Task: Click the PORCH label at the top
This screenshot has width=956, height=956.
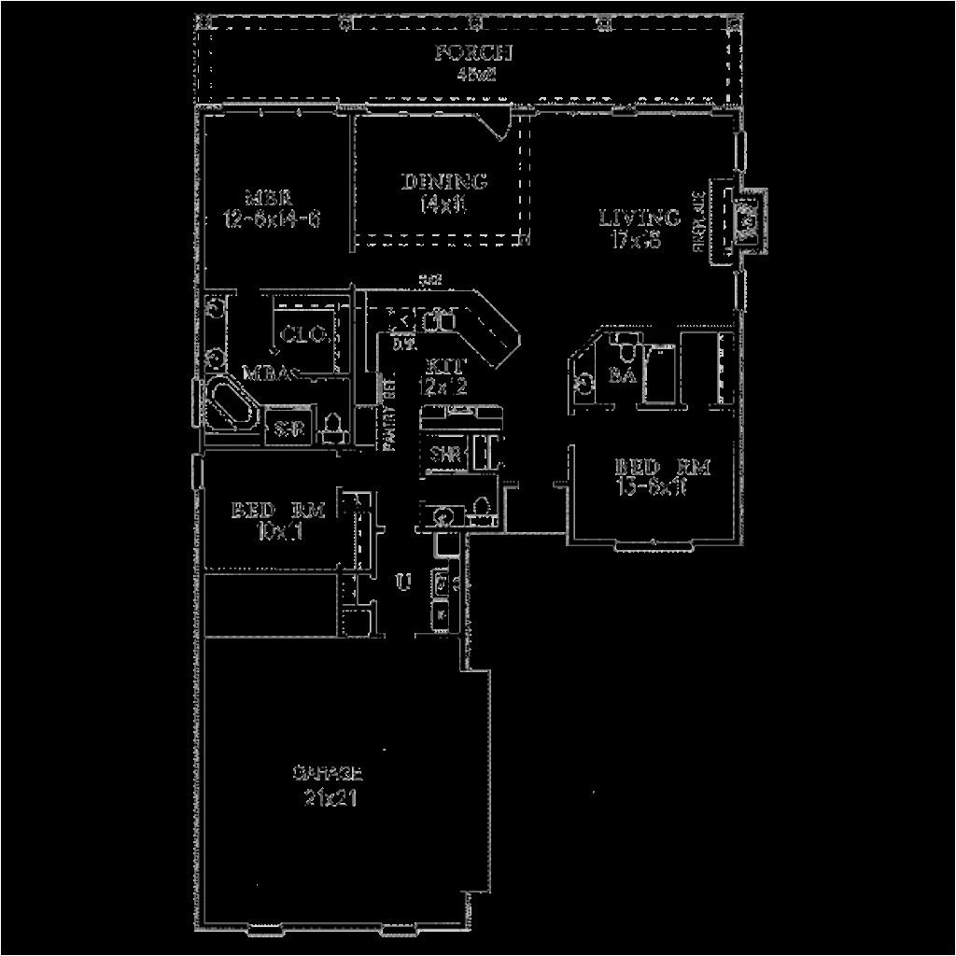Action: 473,52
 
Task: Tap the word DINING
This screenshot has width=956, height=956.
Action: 444,181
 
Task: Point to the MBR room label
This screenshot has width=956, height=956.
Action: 270,198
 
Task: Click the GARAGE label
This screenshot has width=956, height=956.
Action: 327,774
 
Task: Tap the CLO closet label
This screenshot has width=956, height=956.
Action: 302,333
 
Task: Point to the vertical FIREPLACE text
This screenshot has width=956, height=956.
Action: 696,221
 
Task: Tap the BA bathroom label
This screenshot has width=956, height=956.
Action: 623,375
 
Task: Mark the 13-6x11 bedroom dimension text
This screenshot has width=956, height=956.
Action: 651,487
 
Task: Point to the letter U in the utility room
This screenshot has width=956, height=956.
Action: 403,583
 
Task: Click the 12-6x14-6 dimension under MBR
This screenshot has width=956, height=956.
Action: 272,220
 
